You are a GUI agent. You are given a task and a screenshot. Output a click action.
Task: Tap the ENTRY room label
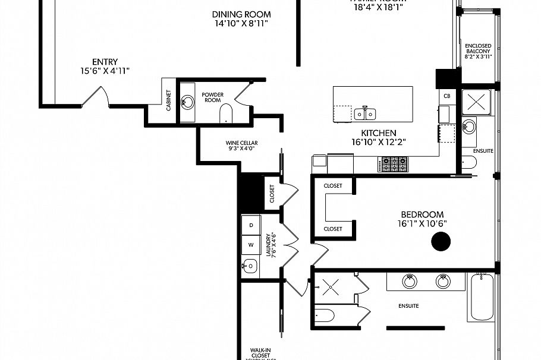point(105,62)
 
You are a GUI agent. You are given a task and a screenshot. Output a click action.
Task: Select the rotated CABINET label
point(169,101)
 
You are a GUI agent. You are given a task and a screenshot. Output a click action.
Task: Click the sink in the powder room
point(187,102)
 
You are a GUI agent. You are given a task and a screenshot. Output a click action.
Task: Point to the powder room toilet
point(226,113)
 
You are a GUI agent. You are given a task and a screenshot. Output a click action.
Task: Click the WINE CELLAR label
point(241,143)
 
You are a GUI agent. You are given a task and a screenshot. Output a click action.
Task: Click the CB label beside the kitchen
point(447,96)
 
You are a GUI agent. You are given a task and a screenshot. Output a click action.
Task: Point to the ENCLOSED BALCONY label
point(478,49)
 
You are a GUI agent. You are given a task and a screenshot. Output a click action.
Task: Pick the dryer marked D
point(251,225)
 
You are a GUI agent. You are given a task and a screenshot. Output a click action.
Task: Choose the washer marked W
point(251,244)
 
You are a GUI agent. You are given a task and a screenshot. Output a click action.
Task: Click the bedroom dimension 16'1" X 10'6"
point(423,223)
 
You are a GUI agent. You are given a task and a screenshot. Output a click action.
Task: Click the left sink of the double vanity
point(409,281)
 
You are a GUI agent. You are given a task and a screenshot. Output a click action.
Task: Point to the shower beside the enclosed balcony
point(477,101)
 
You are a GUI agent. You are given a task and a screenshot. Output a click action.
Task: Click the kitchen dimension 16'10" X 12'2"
point(378,142)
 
